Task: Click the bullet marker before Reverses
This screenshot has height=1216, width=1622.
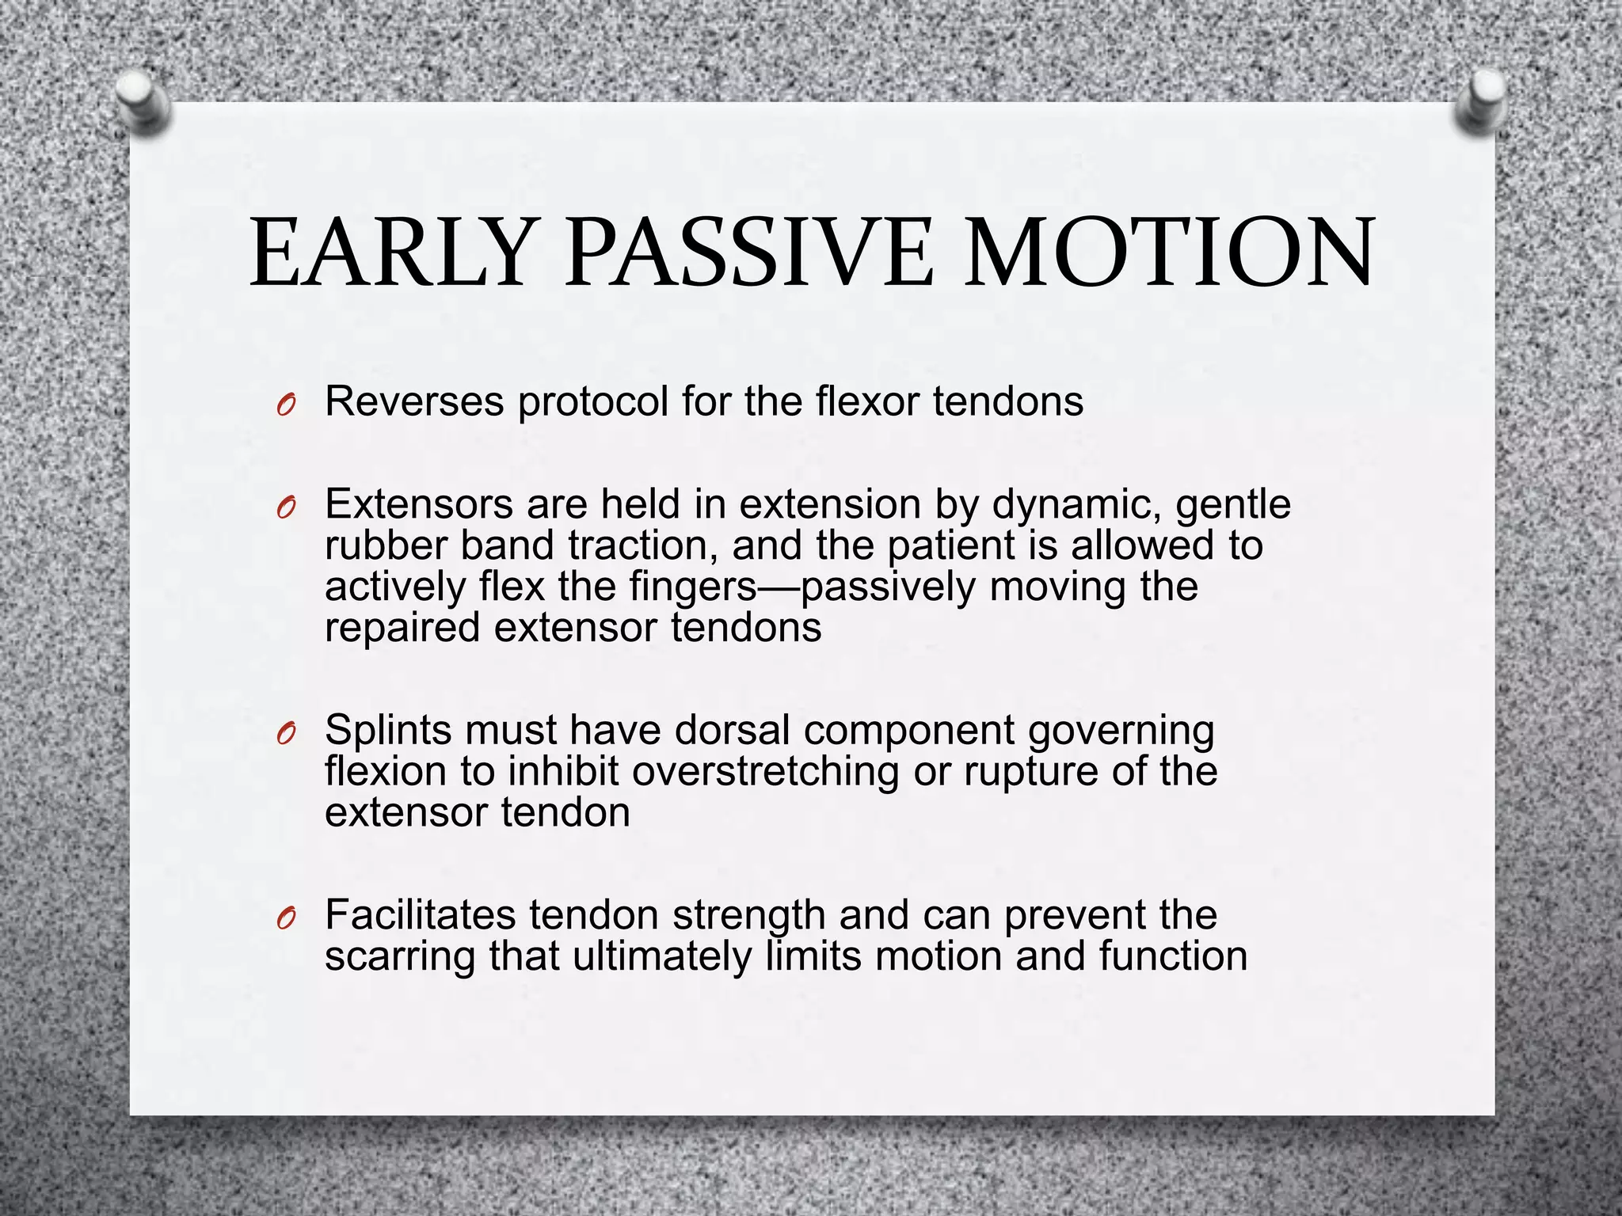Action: click(x=287, y=406)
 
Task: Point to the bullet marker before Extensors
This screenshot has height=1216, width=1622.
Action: click(x=287, y=508)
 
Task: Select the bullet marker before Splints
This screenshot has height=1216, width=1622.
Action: click(x=287, y=734)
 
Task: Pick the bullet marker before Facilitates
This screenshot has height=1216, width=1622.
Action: click(x=287, y=918)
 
